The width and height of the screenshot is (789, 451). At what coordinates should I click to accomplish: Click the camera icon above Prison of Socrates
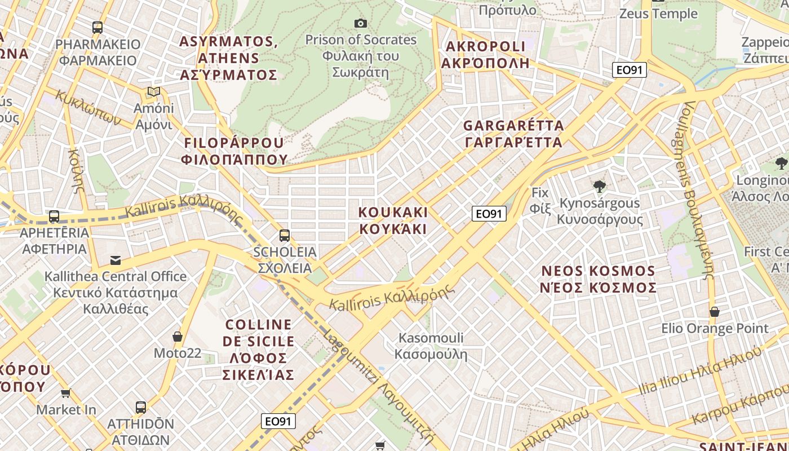coord(361,23)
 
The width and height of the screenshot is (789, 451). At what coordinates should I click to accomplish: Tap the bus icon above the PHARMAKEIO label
coord(97,27)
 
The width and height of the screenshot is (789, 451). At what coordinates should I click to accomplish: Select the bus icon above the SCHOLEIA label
coord(285,235)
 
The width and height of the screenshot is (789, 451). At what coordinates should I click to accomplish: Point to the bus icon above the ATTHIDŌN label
coord(141,407)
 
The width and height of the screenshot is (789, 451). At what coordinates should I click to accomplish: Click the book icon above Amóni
coord(154,91)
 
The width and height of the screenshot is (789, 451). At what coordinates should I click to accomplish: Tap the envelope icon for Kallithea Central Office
coord(116,260)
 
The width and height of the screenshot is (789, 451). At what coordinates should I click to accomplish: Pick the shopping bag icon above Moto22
coord(178,337)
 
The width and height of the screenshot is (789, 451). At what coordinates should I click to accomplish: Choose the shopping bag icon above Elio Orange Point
coord(715,312)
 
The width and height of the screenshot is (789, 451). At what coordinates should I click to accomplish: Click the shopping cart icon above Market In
coord(66,393)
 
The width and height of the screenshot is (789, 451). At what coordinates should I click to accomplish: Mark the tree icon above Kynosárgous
coord(600,186)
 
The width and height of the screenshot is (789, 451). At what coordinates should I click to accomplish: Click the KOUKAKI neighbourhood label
coord(393,220)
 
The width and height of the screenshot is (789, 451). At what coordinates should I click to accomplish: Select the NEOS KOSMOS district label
coord(598,279)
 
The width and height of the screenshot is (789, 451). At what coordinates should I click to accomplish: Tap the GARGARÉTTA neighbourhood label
coord(513,134)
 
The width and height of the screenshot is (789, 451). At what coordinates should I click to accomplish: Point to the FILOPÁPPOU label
coord(234,151)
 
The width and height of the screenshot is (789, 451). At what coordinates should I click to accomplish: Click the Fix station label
coord(539,200)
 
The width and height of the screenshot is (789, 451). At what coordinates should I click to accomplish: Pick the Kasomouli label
coord(431,346)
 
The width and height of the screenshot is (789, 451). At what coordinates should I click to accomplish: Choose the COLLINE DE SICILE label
coord(259,350)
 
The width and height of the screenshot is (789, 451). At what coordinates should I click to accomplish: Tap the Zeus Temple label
coord(658,14)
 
